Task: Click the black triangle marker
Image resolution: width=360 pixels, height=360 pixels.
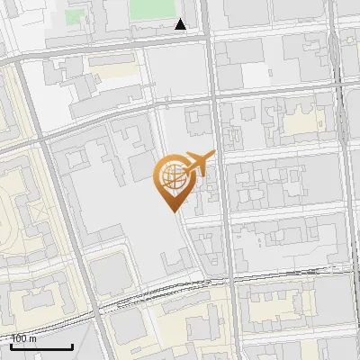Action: [181, 24]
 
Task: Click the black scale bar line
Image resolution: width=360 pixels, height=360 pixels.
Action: [41, 346]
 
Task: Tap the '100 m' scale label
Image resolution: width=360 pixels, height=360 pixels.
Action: [24, 339]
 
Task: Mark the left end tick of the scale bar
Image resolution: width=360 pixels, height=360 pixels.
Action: [12, 345]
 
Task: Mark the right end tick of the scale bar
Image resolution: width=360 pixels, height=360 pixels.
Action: [72, 345]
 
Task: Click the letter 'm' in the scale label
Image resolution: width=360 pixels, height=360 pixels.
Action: [33, 339]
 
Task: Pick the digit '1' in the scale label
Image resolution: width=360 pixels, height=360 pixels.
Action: [14, 339]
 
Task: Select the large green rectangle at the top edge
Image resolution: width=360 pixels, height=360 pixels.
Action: [151, 9]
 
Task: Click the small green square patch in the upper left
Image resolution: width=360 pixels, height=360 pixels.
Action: [73, 15]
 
